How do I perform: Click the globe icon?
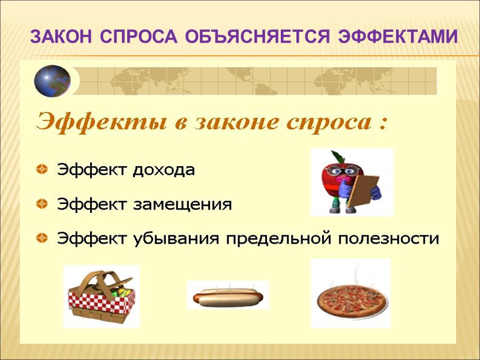(x=52, y=81)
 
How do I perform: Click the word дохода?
(x=163, y=170)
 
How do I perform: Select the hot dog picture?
(x=227, y=295)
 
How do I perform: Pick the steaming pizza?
(x=350, y=298)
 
